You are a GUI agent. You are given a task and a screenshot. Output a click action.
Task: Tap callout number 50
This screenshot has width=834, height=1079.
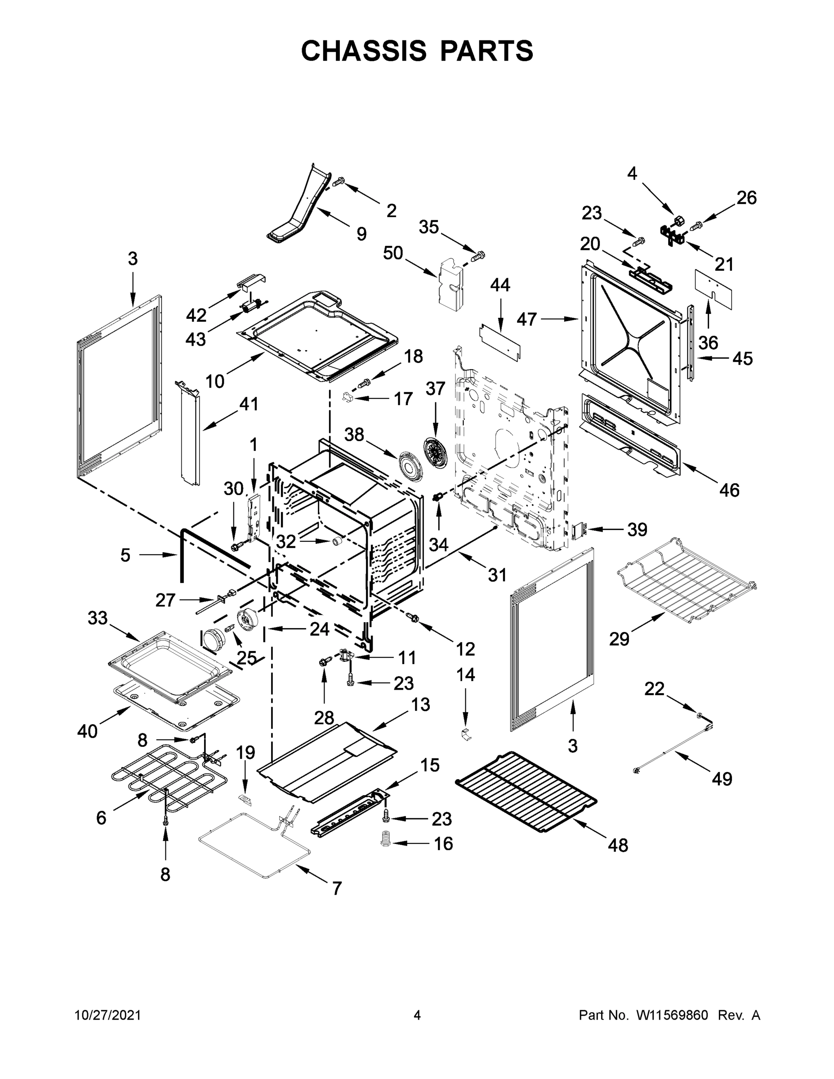[393, 253]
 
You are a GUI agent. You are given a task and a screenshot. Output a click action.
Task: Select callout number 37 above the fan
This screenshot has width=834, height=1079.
[435, 389]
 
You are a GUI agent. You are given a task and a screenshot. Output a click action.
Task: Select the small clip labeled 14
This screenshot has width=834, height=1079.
[465, 735]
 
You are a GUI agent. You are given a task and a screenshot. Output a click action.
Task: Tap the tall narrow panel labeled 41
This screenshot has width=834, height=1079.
[190, 433]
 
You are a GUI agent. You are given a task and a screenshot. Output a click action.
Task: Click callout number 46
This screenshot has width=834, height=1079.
[729, 490]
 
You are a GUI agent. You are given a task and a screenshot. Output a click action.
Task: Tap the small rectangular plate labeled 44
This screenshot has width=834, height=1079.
[500, 342]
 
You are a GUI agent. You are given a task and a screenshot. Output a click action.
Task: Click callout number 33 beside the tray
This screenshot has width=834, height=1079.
[97, 618]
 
